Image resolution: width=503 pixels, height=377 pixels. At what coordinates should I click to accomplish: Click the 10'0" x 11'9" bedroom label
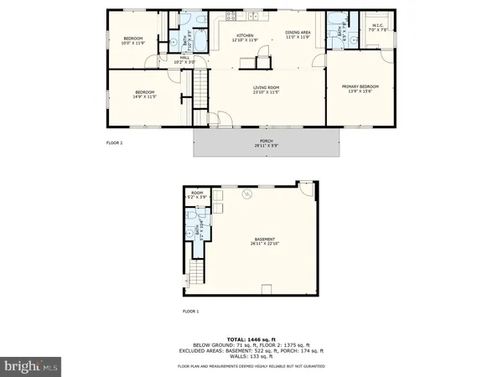pos(134,41)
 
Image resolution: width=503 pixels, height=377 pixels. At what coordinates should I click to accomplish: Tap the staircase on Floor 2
pos(200,88)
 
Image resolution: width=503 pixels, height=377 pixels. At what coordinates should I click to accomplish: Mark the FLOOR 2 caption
pos(115,143)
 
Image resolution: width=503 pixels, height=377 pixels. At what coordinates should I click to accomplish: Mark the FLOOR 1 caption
pos(192,311)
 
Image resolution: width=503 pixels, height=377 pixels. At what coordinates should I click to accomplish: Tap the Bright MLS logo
pos(32,365)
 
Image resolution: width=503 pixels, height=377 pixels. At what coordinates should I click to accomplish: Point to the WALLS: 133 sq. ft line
pos(251,355)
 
